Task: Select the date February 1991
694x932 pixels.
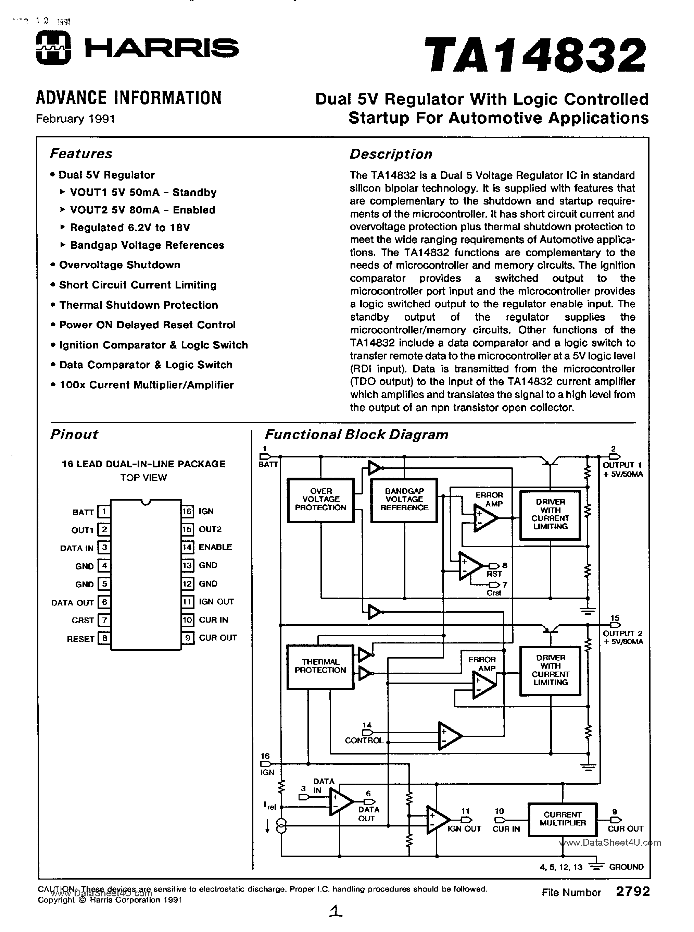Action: pyautogui.click(x=75, y=119)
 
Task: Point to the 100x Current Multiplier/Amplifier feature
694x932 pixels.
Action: pyautogui.click(x=146, y=385)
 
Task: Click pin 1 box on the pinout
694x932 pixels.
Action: pyautogui.click(x=104, y=512)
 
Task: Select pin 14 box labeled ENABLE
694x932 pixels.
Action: pyautogui.click(x=187, y=547)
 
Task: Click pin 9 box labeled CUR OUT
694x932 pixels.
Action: pyautogui.click(x=187, y=638)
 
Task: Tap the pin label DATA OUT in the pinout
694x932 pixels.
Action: pyautogui.click(x=72, y=602)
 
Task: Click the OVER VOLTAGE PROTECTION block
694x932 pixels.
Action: pyautogui.click(x=320, y=500)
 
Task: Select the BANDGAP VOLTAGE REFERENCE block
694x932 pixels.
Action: pyautogui.click(x=404, y=500)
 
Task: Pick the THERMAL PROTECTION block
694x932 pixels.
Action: pyautogui.click(x=320, y=666)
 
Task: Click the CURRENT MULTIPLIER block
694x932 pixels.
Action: pyautogui.click(x=562, y=819)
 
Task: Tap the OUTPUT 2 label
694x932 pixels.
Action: pyautogui.click(x=622, y=634)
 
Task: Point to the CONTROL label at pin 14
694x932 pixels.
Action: pyautogui.click(x=364, y=741)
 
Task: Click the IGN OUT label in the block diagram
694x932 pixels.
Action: pyautogui.click(x=464, y=829)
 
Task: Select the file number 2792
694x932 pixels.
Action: pyautogui.click(x=633, y=891)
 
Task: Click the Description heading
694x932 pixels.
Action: pyautogui.click(x=391, y=154)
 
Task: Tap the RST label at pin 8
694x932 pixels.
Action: pyautogui.click(x=494, y=574)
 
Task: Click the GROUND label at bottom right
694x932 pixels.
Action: pyautogui.click(x=626, y=867)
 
